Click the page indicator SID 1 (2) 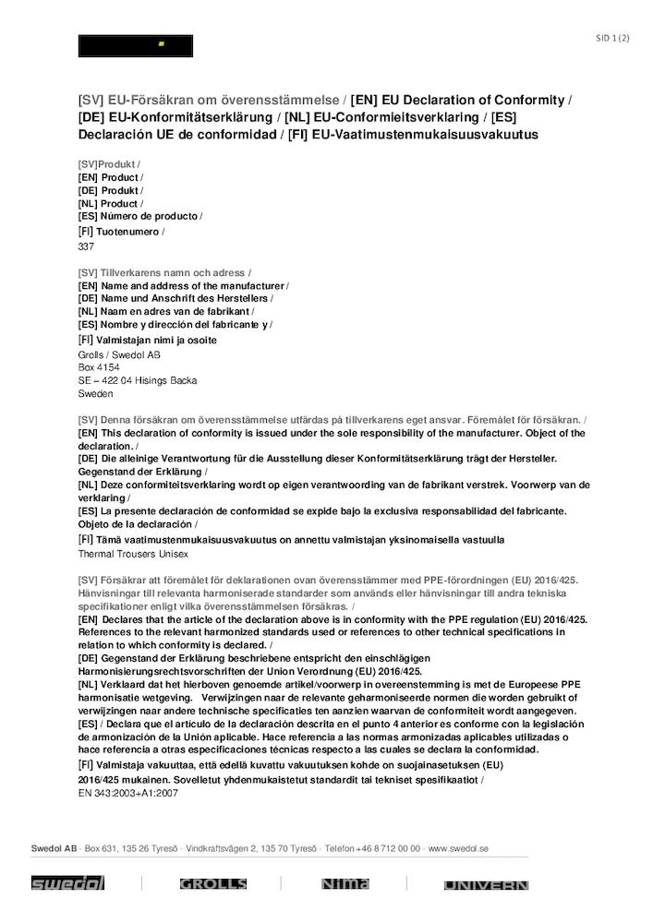point(612,38)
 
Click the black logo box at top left point(136,45)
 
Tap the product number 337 point(86,246)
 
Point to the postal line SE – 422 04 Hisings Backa point(138,380)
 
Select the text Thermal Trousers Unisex point(133,554)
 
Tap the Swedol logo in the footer point(68,883)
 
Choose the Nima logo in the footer point(345,883)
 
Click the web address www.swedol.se point(458,847)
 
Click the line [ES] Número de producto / point(140,216)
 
